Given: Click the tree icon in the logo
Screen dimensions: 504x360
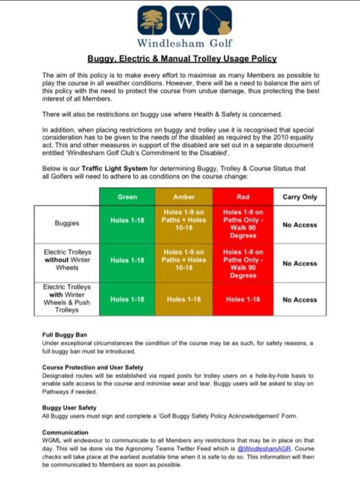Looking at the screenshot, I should (152, 20).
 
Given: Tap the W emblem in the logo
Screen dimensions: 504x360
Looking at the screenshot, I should (184, 20).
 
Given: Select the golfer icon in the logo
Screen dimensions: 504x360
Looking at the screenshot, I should (217, 20).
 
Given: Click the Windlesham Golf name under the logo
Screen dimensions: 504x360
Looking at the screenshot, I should (184, 43).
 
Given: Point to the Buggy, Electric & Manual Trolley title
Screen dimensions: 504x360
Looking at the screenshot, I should (182, 59).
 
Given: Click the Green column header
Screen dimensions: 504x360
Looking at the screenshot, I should (127, 197).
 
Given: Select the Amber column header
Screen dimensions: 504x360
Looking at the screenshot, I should (184, 197).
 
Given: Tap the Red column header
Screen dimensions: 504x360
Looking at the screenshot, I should (243, 197).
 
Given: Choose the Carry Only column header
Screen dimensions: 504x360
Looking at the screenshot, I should (300, 197).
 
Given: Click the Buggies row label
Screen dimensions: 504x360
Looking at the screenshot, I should (67, 223).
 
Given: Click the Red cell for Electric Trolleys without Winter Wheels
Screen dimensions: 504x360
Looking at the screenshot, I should (243, 263).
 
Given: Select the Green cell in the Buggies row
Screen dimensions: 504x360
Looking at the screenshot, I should (127, 220).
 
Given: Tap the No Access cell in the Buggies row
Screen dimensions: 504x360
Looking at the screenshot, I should (300, 225).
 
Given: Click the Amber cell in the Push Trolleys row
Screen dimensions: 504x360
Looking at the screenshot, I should (184, 299).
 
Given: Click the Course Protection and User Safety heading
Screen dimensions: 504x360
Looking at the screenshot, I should (92, 367).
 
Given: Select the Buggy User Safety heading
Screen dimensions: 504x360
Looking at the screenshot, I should (69, 408).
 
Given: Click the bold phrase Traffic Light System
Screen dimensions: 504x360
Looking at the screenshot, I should (109, 168).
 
